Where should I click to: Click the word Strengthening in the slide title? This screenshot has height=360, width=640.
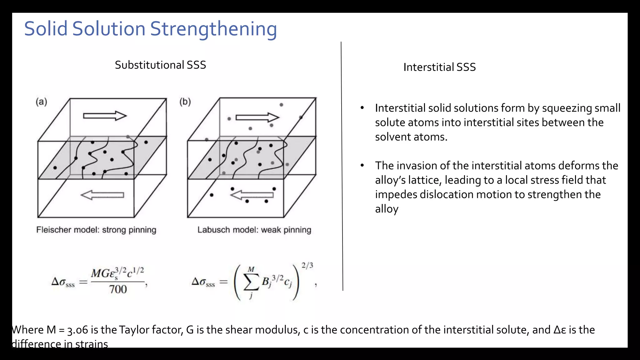tap(213, 29)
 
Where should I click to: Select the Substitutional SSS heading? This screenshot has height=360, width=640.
tap(160, 65)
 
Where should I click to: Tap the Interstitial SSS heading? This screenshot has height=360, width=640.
tap(439, 67)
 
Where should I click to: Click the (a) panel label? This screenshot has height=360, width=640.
tap(41, 102)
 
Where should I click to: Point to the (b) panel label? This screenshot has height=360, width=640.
tap(185, 102)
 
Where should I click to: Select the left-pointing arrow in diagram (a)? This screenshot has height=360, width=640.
tap(102, 195)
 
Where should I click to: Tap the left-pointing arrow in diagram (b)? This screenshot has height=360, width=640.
tap(252, 195)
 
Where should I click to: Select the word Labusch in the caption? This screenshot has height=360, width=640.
tap(212, 230)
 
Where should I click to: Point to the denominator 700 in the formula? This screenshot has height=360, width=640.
tap(118, 289)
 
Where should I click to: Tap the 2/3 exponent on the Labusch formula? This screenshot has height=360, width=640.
tap(307, 266)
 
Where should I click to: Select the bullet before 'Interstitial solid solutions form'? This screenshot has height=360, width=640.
tap(362, 108)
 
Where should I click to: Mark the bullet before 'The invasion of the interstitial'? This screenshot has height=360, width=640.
tap(362, 165)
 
